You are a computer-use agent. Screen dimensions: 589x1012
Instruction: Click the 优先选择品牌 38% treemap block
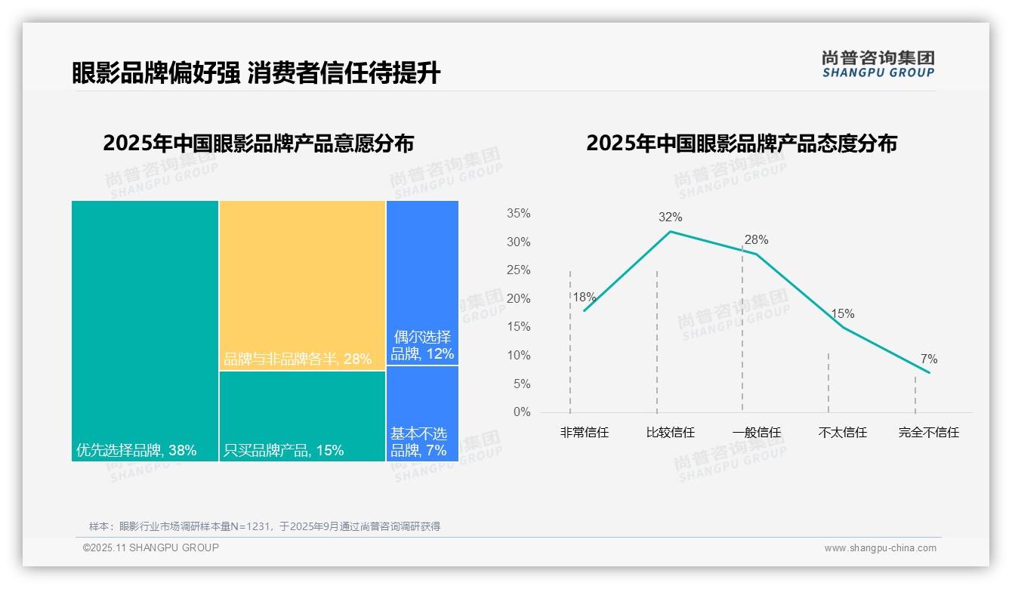pyautogui.click(x=145, y=331)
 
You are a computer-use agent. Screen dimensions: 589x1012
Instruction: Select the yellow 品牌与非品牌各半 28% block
pyautogui.click(x=302, y=285)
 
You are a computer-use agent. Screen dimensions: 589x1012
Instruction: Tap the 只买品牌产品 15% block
pyautogui.click(x=302, y=416)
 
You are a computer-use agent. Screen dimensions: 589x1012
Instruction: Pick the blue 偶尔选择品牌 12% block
pyautogui.click(x=422, y=282)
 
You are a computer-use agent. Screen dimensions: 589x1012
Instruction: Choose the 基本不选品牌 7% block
pyautogui.click(x=422, y=414)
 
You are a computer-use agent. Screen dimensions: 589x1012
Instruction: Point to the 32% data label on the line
pyautogui.click(x=670, y=217)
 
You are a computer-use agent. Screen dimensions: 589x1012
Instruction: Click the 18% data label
pyautogui.click(x=584, y=298)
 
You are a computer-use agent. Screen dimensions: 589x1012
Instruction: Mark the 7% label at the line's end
pyautogui.click(x=929, y=359)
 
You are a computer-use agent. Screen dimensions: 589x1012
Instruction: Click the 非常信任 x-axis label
pyautogui.click(x=585, y=433)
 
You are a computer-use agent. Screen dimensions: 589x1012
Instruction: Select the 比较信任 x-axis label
pyautogui.click(x=671, y=433)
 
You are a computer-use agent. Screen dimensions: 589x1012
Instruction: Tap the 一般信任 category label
pyautogui.click(x=757, y=433)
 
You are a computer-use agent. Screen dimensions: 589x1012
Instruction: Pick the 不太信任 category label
pyautogui.click(x=843, y=433)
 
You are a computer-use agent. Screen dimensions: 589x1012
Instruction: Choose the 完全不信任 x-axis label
pyautogui.click(x=929, y=433)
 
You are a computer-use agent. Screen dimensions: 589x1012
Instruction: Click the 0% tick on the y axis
pyautogui.click(x=522, y=412)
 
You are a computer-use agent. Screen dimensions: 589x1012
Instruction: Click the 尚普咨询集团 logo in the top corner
pyautogui.click(x=878, y=63)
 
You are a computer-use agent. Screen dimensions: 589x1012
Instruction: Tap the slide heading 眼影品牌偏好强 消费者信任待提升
pyautogui.click(x=256, y=73)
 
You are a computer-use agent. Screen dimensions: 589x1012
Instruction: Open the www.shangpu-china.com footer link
pyautogui.click(x=880, y=548)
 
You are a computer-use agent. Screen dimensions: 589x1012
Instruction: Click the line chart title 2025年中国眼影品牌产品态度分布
pyautogui.click(x=741, y=143)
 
